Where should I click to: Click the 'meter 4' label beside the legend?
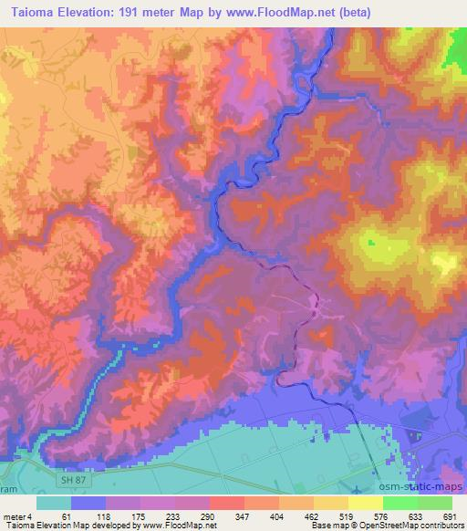pos(18,515)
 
